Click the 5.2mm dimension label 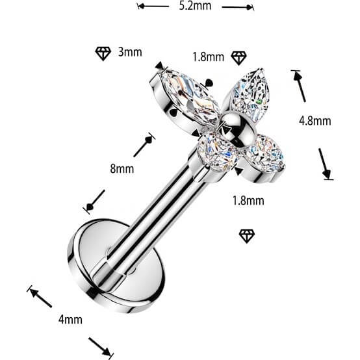(x=195, y=6)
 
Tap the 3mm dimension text (x=130, y=52)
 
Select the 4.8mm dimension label (x=315, y=121)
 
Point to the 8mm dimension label (x=122, y=169)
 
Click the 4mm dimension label (x=70, y=320)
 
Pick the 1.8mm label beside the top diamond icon (x=208, y=57)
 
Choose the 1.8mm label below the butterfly (x=248, y=201)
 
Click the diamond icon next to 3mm (x=103, y=53)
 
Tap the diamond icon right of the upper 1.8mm (x=238, y=58)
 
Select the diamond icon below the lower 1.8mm (x=247, y=236)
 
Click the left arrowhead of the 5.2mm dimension (x=141, y=6)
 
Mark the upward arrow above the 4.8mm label (x=299, y=86)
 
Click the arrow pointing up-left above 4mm (x=40, y=297)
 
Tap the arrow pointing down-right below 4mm (x=101, y=348)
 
